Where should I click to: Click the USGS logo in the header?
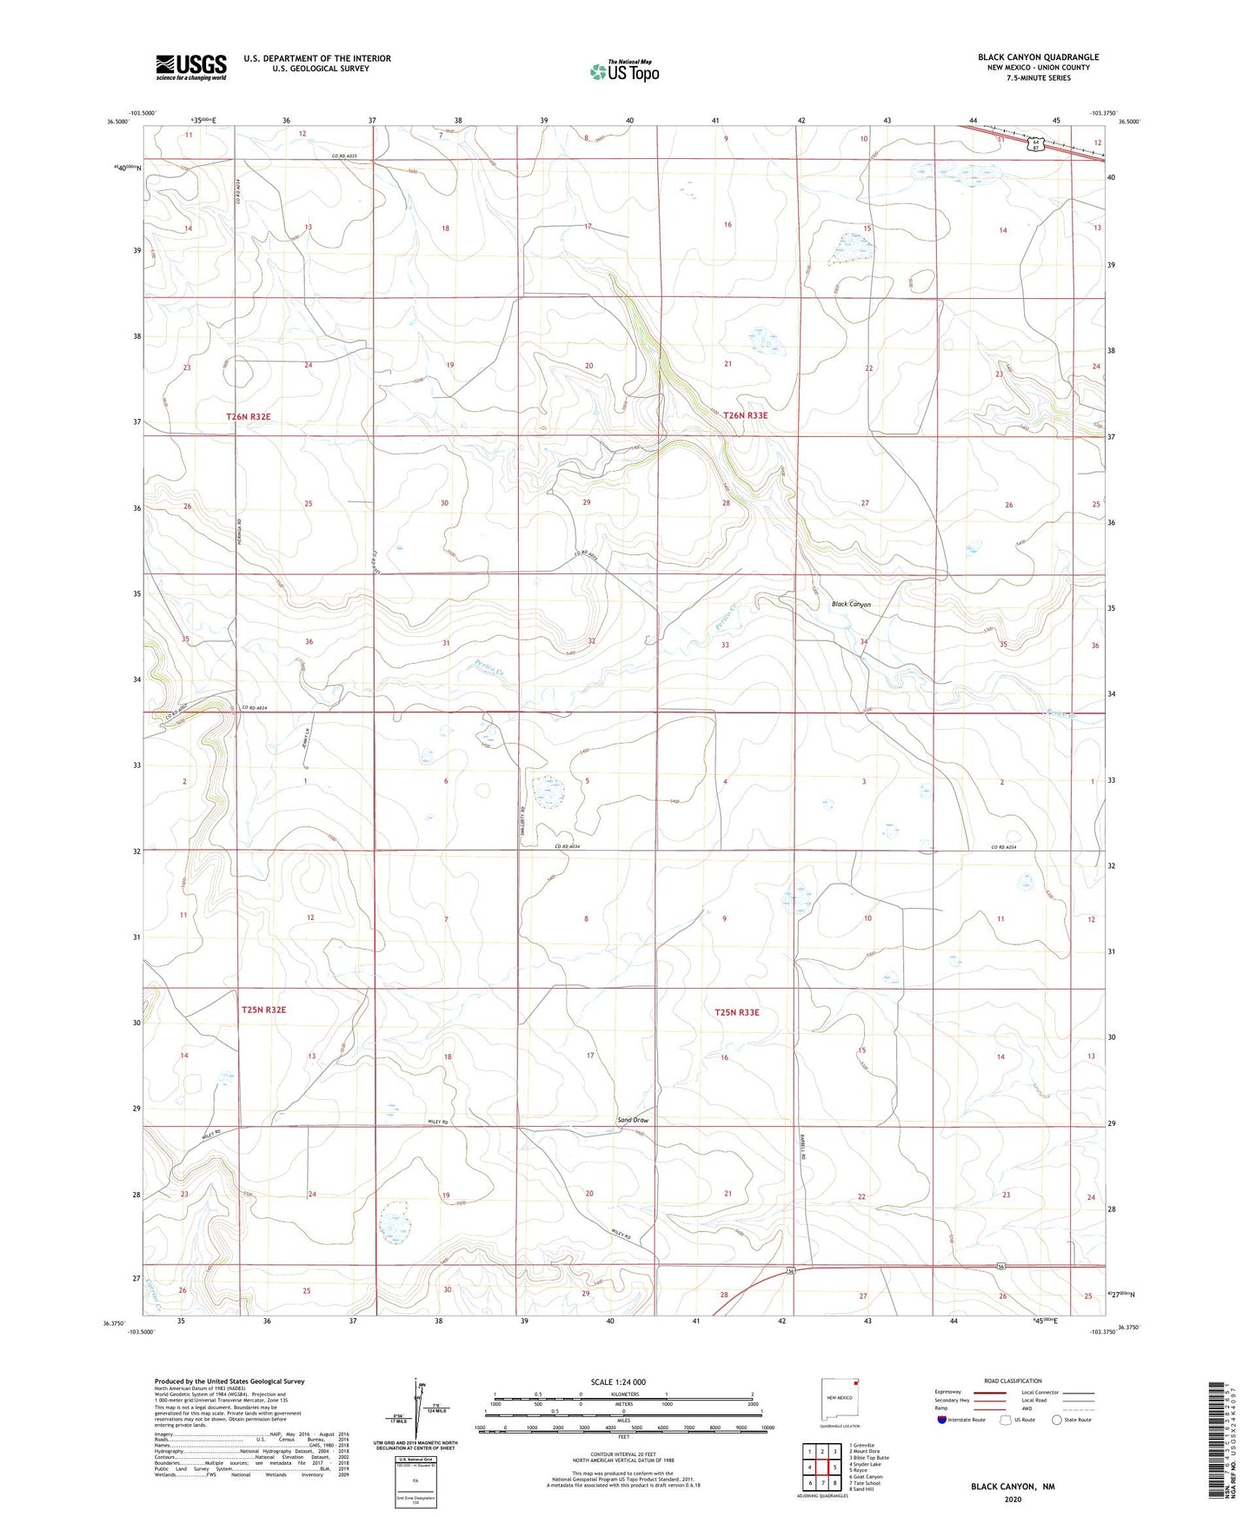(x=191, y=67)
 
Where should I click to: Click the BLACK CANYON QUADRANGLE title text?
(x=1038, y=57)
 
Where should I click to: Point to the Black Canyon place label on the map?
(x=851, y=604)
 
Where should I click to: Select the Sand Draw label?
(x=633, y=1120)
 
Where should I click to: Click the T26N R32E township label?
(x=249, y=417)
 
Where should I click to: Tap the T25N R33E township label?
(x=737, y=1012)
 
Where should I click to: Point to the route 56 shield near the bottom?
(x=791, y=1271)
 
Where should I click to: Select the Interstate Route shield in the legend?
(x=942, y=1420)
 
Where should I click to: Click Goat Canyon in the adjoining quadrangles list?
(x=867, y=1476)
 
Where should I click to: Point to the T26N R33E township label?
(x=745, y=415)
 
